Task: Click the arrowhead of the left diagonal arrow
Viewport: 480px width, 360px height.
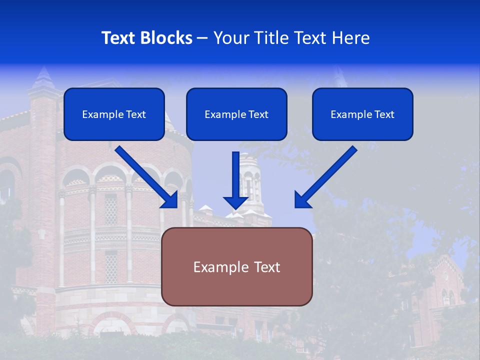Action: point(170,200)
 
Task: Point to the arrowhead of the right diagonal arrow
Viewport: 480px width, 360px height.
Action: point(302,200)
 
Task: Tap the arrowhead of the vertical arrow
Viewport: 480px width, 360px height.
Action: point(236,202)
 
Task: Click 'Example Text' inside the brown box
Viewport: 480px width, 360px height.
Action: point(236,267)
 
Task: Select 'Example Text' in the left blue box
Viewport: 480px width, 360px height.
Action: point(114,114)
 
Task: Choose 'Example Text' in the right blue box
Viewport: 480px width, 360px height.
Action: point(362,114)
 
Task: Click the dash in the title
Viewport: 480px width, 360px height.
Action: point(202,38)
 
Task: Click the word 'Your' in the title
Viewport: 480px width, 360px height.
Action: point(229,38)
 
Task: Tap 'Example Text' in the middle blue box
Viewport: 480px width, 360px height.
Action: point(236,114)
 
